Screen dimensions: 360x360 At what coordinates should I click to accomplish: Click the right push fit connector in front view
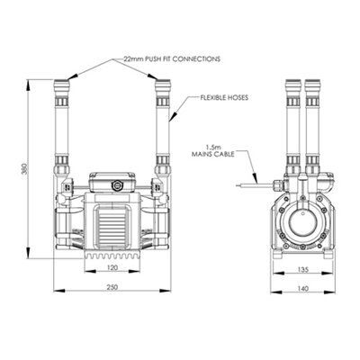click(x=163, y=90)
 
